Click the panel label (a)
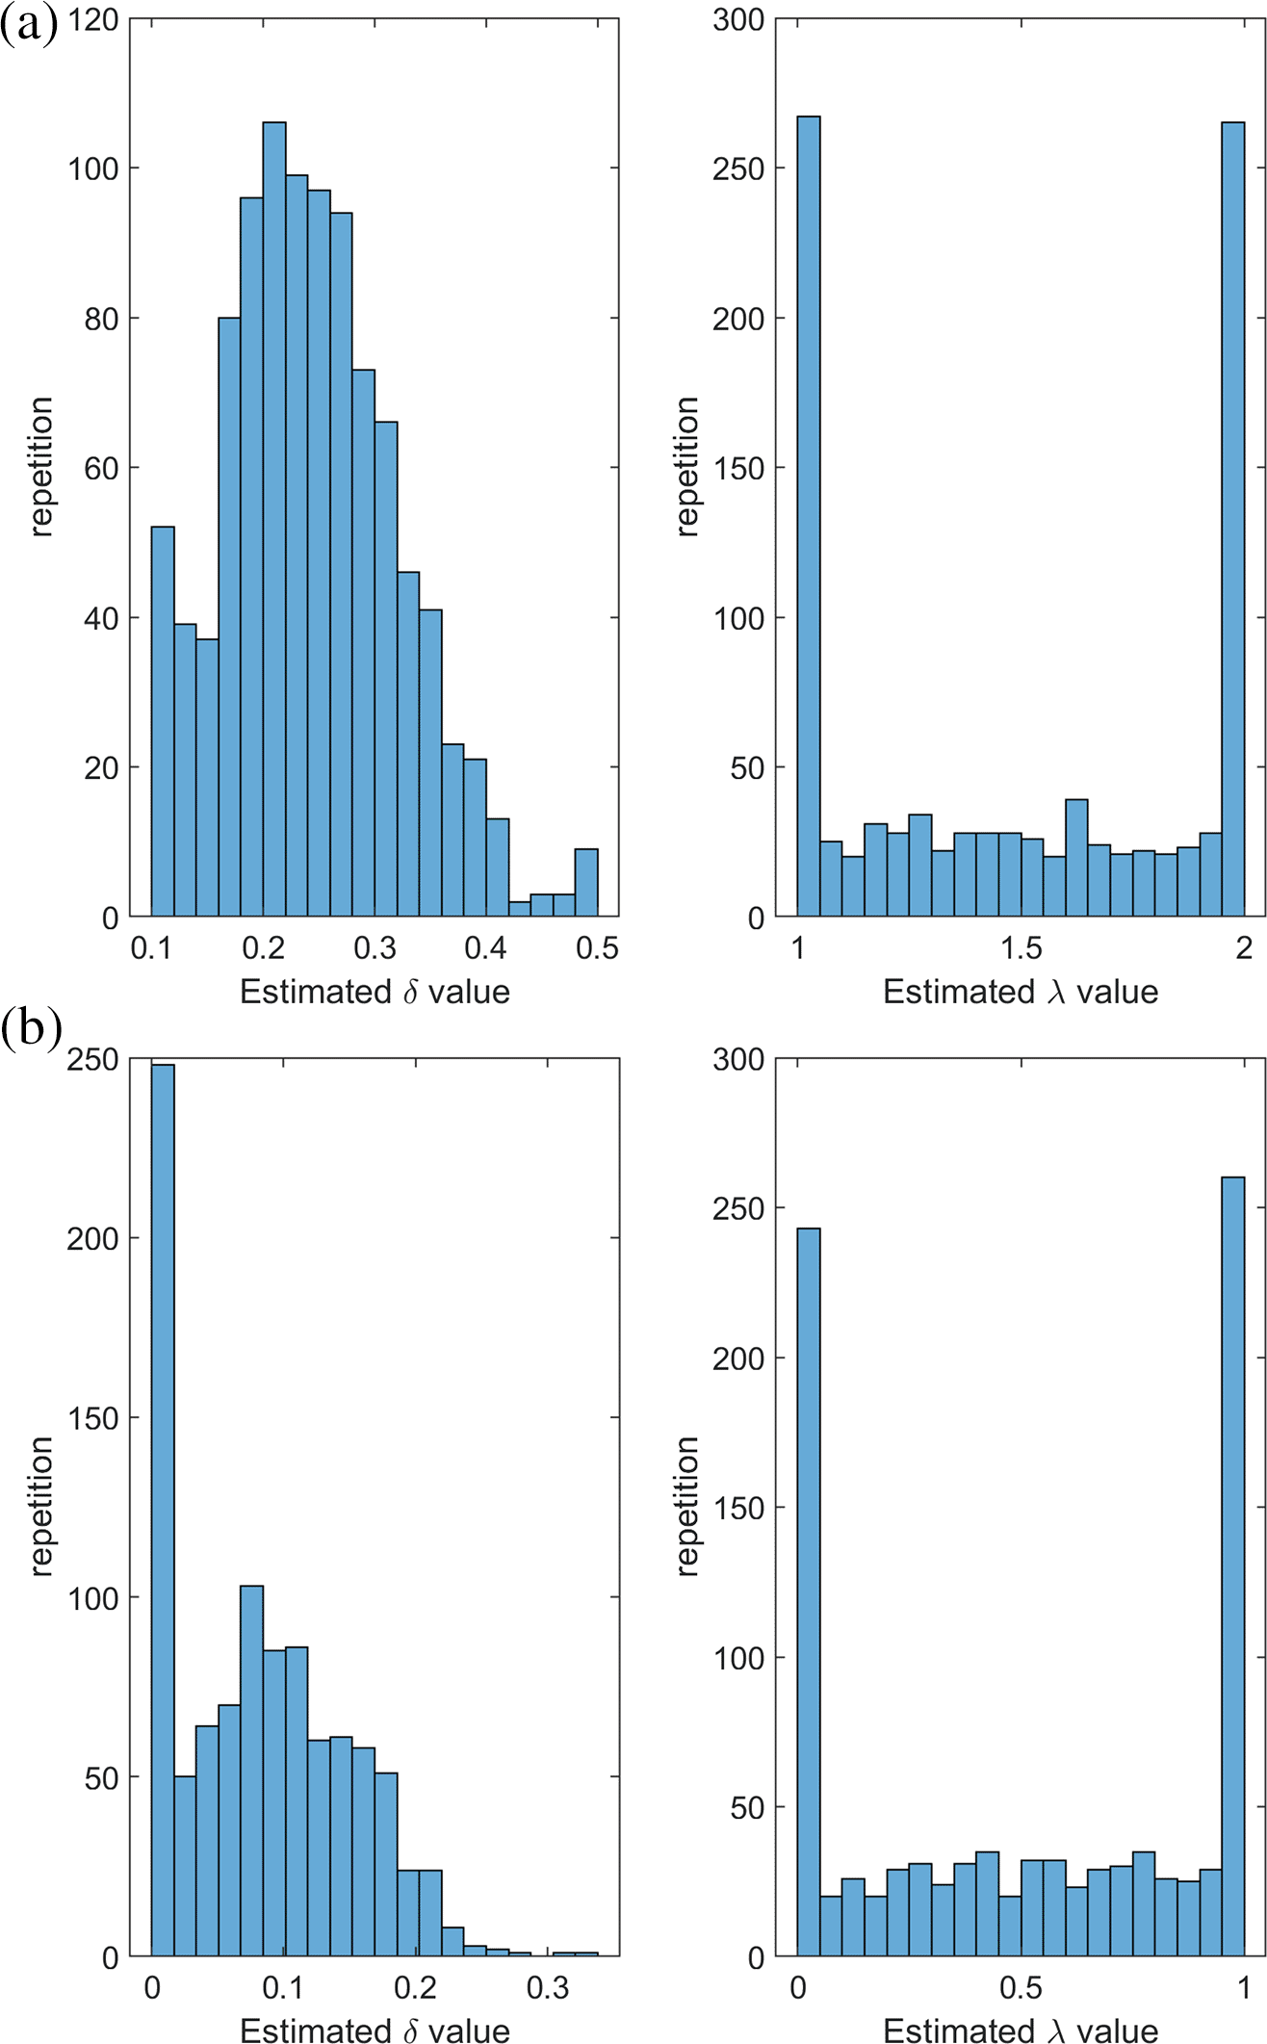pos(30,25)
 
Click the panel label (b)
pos(32,1028)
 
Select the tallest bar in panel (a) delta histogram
pos(274,520)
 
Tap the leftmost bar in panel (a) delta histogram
pos(163,722)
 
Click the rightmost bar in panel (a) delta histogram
pos(586,882)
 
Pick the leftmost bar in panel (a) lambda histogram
pos(809,516)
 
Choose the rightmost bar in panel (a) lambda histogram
pos(1233,520)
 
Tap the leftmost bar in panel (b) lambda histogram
pos(809,1592)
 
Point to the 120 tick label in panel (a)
pos(93,19)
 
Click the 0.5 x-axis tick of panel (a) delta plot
pos(597,948)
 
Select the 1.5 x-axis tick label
pos(1021,948)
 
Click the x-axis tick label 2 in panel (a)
pos(1244,948)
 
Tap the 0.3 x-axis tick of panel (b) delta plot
pos(548,1988)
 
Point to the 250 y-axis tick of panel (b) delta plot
pos(93,1059)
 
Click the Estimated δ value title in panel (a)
pos(375,992)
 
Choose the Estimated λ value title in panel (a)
pos(1021,992)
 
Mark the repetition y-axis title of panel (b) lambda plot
pos(687,1507)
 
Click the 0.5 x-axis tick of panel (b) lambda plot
pos(1021,1988)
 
